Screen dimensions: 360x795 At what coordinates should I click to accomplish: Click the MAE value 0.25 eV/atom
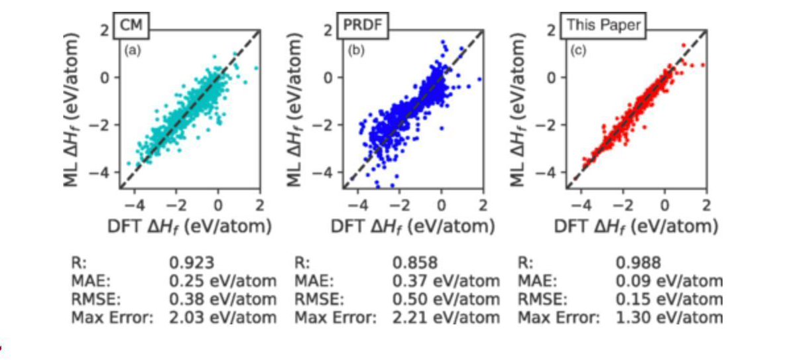(x=223, y=280)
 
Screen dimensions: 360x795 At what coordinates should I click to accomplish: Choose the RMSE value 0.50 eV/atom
(x=446, y=299)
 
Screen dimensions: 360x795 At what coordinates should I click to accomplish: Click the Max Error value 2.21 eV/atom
(x=446, y=318)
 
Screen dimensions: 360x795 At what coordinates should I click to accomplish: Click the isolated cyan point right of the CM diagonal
(x=256, y=68)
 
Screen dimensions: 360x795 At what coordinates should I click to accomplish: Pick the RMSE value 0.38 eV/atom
(x=223, y=299)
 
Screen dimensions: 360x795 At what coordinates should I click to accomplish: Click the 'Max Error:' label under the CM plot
(x=112, y=318)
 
